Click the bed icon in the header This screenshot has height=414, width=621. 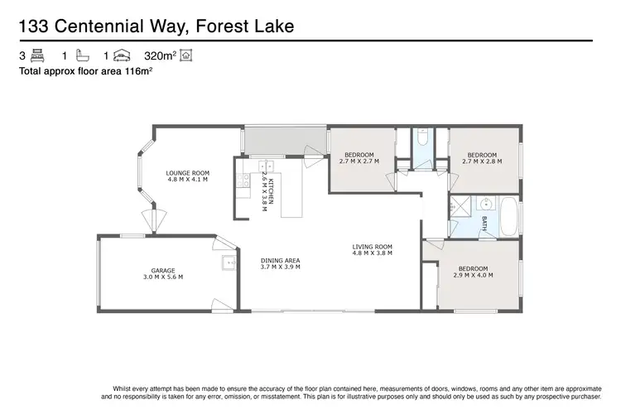(36, 56)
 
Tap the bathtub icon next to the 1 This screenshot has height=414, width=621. (81, 56)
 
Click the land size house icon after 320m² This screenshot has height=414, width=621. (186, 56)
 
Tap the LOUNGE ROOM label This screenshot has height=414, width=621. (187, 172)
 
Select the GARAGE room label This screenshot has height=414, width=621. (162, 270)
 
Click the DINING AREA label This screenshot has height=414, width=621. (280, 261)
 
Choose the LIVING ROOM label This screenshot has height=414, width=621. (372, 247)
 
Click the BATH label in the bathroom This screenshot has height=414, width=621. (484, 223)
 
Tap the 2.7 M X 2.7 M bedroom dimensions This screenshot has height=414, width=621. (359, 161)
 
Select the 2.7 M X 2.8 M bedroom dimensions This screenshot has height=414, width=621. (481, 161)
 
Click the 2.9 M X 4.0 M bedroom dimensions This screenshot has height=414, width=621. (473, 275)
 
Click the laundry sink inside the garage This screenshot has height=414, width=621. (228, 264)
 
